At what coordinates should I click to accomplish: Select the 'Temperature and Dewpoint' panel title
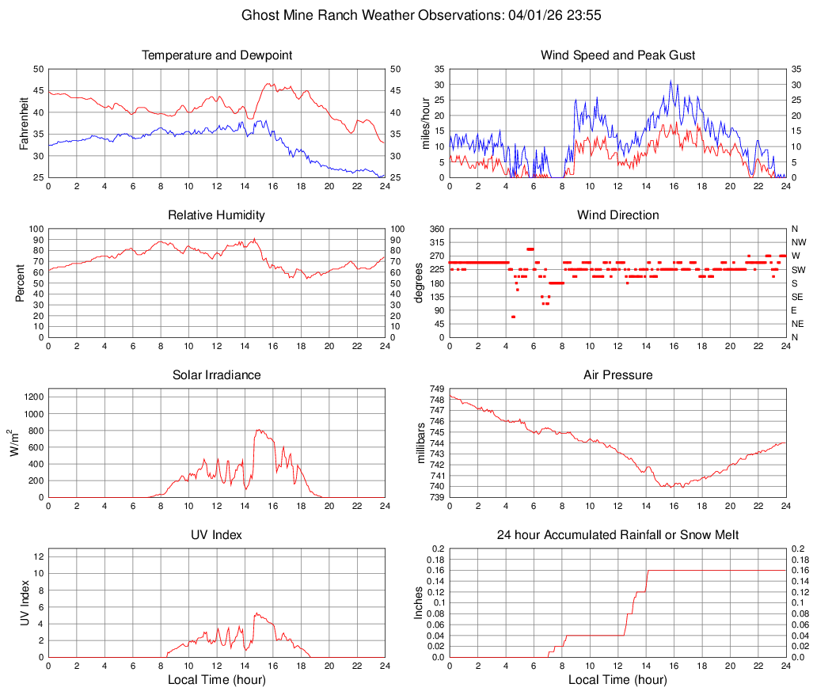pyautogui.click(x=217, y=55)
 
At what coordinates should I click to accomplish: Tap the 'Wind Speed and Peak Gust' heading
pyautogui.click(x=617, y=55)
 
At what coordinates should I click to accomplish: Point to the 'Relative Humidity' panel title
pyautogui.click(x=217, y=215)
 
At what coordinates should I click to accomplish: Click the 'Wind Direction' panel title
pyautogui.click(x=617, y=215)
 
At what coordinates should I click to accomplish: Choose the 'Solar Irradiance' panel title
pyautogui.click(x=217, y=375)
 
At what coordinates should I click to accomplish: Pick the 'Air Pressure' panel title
pyautogui.click(x=617, y=375)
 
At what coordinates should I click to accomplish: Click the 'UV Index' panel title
pyautogui.click(x=217, y=535)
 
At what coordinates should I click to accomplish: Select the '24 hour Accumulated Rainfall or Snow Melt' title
pyautogui.click(x=617, y=535)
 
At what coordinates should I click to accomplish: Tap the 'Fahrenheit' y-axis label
pyautogui.click(x=24, y=123)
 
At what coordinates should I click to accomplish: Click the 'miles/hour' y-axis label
pyautogui.click(x=425, y=123)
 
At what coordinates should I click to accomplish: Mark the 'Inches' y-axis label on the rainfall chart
pyautogui.click(x=420, y=602)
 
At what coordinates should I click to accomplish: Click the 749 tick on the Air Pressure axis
pyautogui.click(x=435, y=389)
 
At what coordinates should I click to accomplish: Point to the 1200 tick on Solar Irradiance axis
pyautogui.click(x=34, y=394)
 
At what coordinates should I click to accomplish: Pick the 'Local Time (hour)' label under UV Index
pyautogui.click(x=217, y=680)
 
